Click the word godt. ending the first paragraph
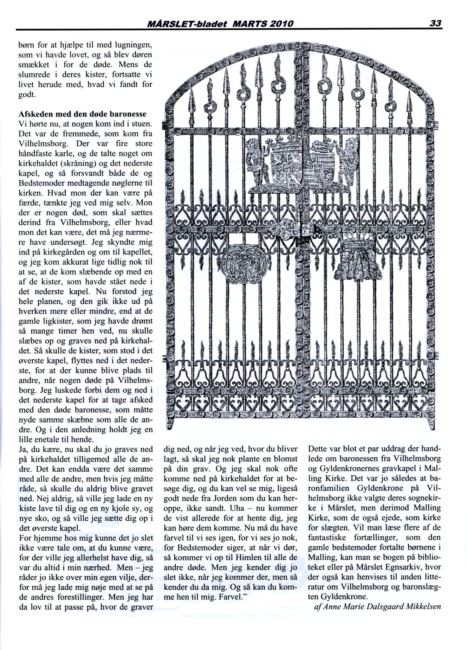27,95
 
